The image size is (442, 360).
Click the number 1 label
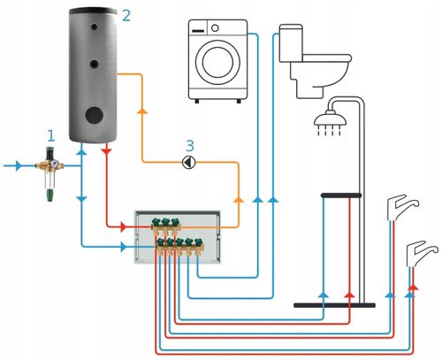pyautogui.click(x=51, y=136)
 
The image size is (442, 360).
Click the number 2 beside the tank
pyautogui.click(x=126, y=15)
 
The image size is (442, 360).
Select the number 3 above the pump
pyautogui.click(x=190, y=146)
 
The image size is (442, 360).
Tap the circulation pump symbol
pyautogui.click(x=189, y=163)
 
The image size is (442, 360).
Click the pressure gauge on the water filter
pyautogui.click(x=55, y=164)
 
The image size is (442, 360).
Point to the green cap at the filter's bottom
pyautogui.click(x=50, y=195)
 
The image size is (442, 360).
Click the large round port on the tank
pyautogui.click(x=95, y=115)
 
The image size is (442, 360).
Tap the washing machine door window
pyautogui.click(x=217, y=63)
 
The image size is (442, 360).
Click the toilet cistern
pyautogui.click(x=291, y=43)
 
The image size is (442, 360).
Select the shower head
pyautogui.click(x=330, y=119)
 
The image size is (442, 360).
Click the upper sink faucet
pyautogui.click(x=402, y=208)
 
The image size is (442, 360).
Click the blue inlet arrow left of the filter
pyautogui.click(x=19, y=165)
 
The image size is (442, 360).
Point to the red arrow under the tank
pyautogui.click(x=106, y=151)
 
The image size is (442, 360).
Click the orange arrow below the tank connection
pyautogui.click(x=142, y=111)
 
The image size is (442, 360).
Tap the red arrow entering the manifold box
pyautogui.click(x=124, y=227)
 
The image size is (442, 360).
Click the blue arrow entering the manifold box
pyautogui.click(x=123, y=247)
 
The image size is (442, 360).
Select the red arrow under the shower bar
pyautogui.click(x=350, y=295)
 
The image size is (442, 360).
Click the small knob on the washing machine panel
pyautogui.click(x=215, y=28)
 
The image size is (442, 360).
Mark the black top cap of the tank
pyautogui.click(x=93, y=11)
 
